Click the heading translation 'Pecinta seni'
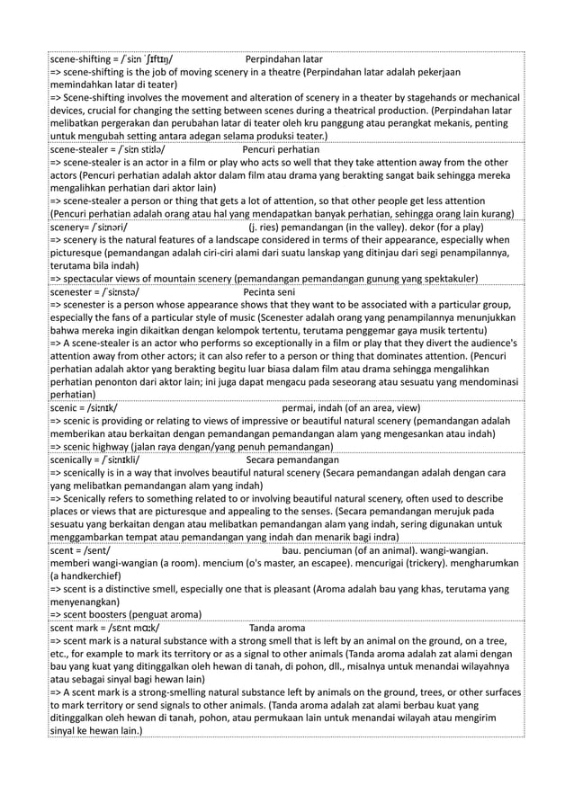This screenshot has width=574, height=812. point(270,291)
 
